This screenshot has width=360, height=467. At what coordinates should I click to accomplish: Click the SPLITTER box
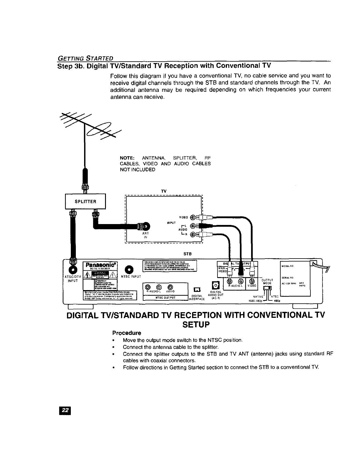click(85, 201)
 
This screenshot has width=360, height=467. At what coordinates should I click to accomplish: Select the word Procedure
click(127, 333)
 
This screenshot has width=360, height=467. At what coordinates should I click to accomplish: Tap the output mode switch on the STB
click(267, 287)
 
